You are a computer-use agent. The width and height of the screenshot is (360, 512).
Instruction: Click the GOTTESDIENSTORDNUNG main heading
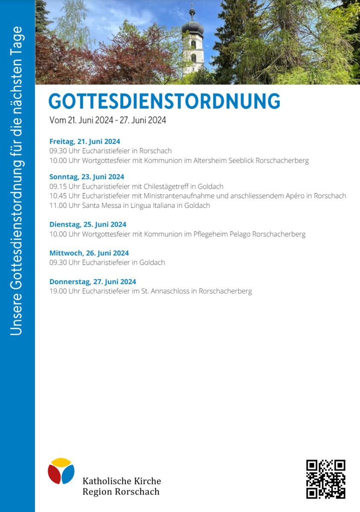(164, 102)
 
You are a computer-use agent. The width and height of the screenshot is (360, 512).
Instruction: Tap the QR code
(325, 479)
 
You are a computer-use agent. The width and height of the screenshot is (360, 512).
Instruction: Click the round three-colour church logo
(61, 471)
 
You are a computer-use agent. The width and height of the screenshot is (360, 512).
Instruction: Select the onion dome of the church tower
(192, 28)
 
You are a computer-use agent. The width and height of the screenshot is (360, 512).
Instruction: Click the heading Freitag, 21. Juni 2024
(84, 142)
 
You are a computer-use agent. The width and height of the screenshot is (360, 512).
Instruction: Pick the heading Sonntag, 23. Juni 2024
(87, 177)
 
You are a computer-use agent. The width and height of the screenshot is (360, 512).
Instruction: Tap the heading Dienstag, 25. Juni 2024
(88, 224)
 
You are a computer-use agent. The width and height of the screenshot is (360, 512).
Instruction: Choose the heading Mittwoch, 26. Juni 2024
(89, 253)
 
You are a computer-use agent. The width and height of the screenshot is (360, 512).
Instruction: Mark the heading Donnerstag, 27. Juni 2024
(93, 282)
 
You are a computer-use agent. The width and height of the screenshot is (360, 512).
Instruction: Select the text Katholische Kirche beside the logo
(122, 481)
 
